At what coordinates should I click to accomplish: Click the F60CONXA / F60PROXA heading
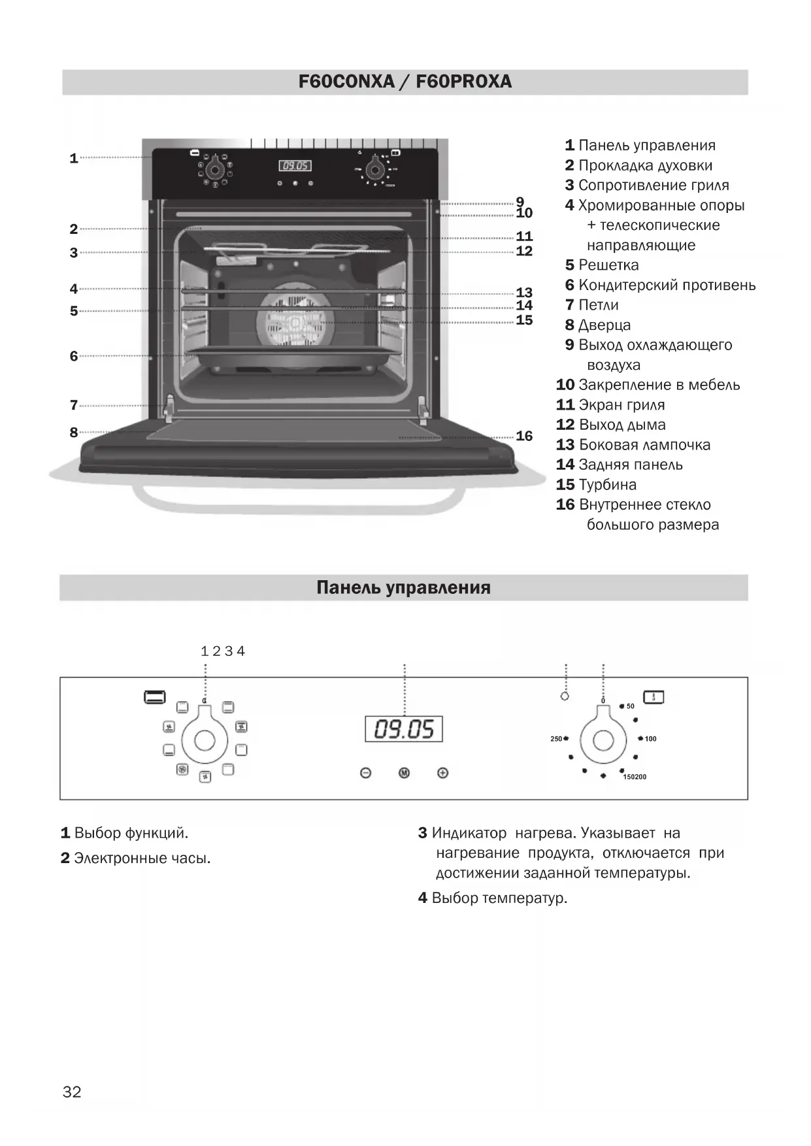405,82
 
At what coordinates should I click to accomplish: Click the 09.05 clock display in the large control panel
404,729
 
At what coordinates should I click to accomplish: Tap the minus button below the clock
366,773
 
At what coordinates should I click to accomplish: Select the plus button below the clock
442,773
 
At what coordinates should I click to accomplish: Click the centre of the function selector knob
205,740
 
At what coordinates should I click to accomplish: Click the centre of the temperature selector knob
603,740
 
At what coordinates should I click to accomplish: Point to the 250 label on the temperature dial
556,738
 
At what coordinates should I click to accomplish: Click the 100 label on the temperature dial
650,738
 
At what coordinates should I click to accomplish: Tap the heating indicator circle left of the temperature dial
565,696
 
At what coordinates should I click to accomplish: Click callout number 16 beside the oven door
524,436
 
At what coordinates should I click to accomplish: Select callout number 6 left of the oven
74,356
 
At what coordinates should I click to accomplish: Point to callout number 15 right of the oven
524,320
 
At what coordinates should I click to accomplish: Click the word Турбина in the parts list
607,485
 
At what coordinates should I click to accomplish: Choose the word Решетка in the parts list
608,265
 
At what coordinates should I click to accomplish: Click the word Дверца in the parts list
604,325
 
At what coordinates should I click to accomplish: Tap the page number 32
72,1092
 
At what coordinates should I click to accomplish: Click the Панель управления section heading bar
403,587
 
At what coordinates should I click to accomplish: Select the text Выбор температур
499,898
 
